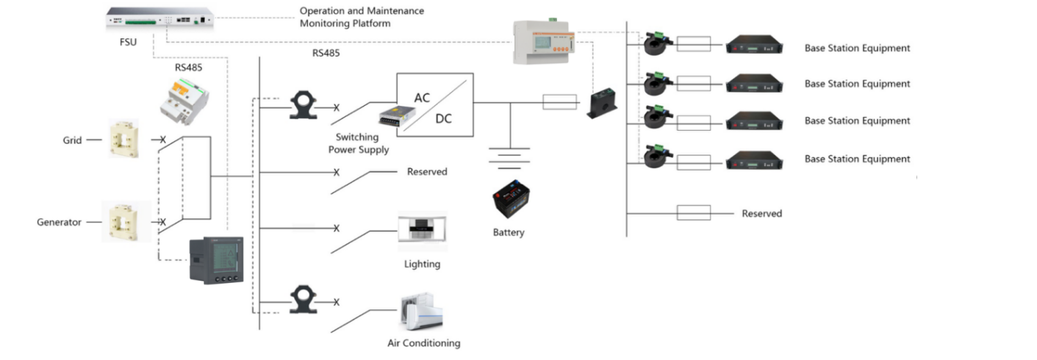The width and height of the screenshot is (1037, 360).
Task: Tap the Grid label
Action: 71,139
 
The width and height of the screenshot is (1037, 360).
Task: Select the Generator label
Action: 59,222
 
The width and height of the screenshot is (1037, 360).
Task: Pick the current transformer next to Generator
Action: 127,222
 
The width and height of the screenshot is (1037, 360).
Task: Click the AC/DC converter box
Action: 435,104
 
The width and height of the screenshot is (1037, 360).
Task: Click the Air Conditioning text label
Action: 423,343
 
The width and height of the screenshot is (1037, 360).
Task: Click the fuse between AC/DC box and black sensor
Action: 559,102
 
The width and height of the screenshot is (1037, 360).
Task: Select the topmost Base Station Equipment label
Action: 857,48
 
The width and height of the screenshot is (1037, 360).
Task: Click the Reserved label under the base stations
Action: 761,214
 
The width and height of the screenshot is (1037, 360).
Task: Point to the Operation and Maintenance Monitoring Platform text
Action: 362,17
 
